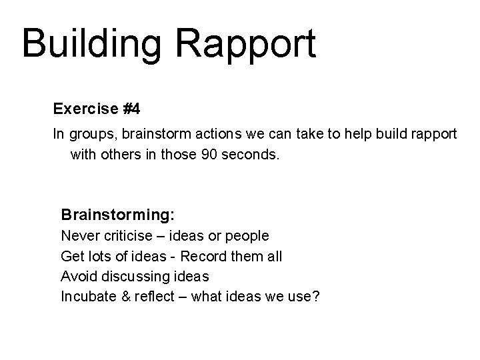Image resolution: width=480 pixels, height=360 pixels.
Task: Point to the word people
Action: [247, 236]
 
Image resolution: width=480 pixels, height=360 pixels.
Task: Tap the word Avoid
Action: [77, 276]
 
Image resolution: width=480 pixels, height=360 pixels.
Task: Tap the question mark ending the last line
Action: [315, 296]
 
